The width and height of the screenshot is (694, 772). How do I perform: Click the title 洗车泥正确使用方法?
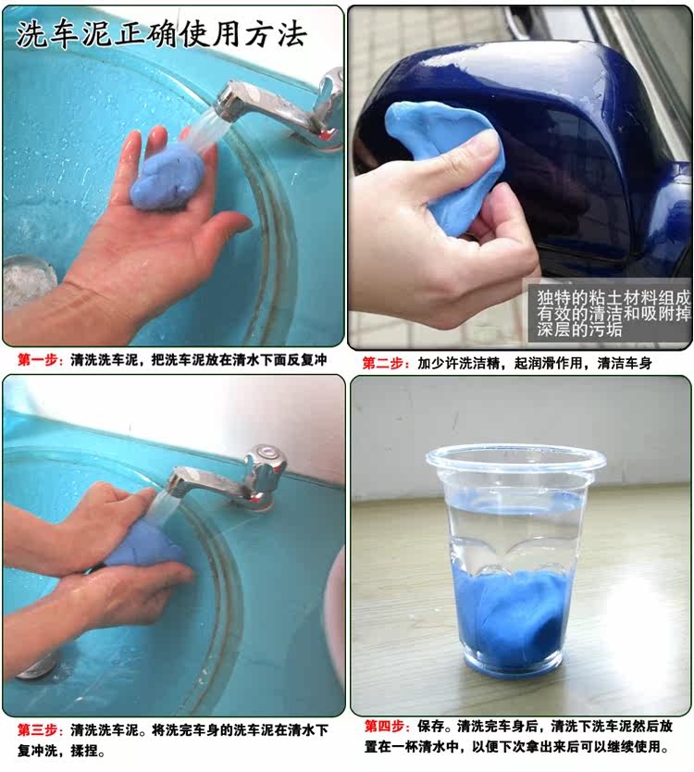pos(161,34)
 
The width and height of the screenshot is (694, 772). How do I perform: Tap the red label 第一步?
pos(38,360)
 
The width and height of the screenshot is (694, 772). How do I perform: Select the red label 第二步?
pos(383,364)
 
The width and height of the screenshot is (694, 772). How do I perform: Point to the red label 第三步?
pos(38,729)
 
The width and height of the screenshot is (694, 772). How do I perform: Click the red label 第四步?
pos(385,727)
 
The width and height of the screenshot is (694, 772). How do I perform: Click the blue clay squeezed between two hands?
pos(143,546)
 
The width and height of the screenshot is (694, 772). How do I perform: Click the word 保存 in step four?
pos(430,727)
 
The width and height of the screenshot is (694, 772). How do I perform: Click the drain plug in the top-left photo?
pos(26,281)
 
